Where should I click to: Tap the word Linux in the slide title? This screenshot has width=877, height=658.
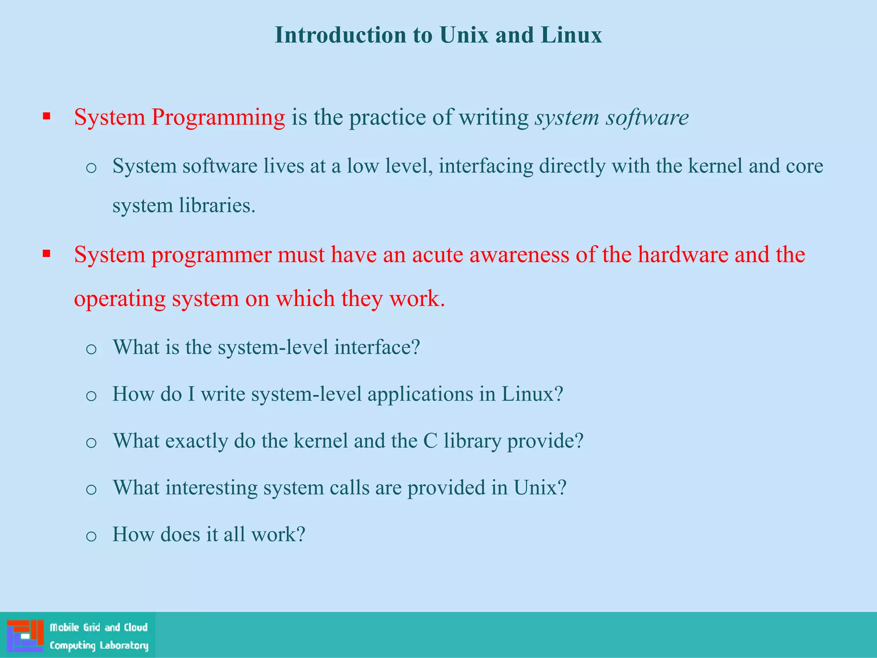571,35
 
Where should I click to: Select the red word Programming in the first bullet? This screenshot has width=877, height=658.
218,117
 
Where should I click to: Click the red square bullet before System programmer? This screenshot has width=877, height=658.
47,254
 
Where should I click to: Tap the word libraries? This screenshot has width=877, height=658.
217,205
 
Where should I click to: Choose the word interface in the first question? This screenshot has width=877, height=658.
377,347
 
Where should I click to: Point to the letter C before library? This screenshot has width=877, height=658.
430,441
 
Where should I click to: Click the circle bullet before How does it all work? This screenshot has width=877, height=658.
91,536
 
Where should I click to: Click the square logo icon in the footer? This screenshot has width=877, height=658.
25,635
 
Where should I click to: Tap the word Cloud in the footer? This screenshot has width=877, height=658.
136,628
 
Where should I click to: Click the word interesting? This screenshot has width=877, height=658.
212,488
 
